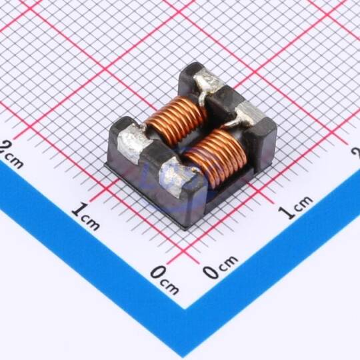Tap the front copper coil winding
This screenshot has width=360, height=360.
216,159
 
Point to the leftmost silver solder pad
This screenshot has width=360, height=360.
133,143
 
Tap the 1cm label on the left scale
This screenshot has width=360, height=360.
85,216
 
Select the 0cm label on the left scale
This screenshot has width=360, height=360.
165,279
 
